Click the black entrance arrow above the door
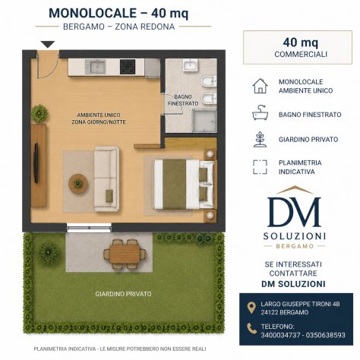click(x=48, y=44)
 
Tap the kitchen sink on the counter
click(x=95, y=67)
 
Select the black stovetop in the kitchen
click(x=128, y=67)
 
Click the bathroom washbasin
click(x=190, y=65)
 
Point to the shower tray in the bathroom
click(x=204, y=121)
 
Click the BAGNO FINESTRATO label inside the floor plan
click(x=183, y=100)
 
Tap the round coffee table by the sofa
click(x=78, y=184)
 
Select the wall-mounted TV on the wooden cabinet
click(x=36, y=163)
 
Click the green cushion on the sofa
click(x=109, y=196)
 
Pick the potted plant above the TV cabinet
click(x=39, y=114)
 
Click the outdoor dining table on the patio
click(x=125, y=254)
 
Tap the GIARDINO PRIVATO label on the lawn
click(x=123, y=294)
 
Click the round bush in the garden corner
click(x=49, y=253)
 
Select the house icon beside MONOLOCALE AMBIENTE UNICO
click(x=260, y=86)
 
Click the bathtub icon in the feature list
click(x=260, y=112)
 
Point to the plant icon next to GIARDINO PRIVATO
click(x=260, y=139)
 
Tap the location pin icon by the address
click(x=251, y=308)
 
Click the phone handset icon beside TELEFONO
click(x=251, y=328)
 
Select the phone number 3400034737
click(x=280, y=335)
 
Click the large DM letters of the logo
click(x=294, y=212)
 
